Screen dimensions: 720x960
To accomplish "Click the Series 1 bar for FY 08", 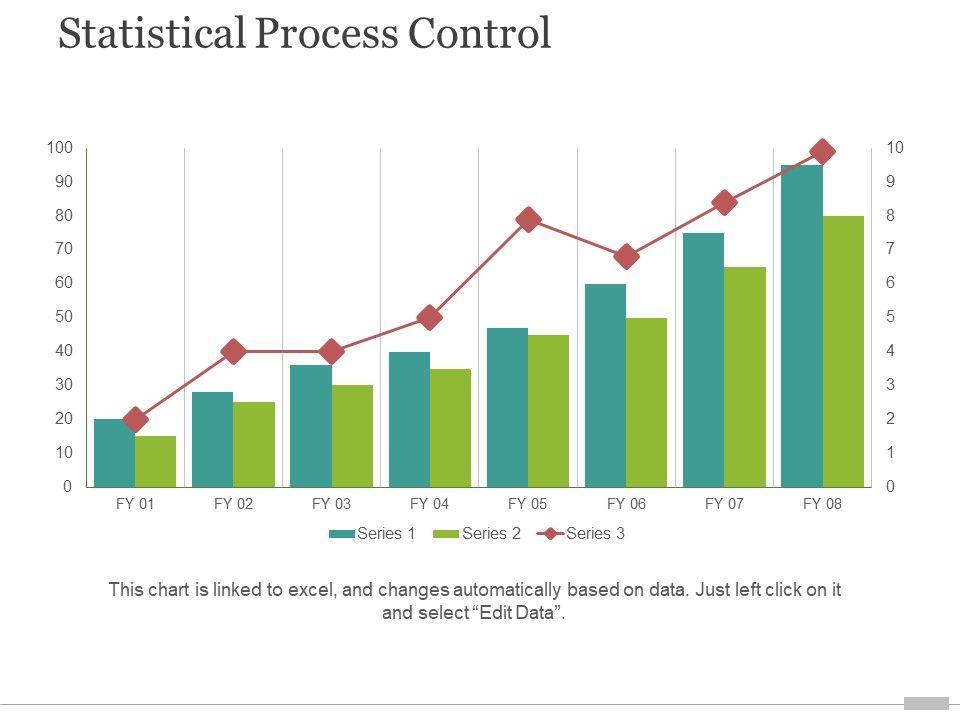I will coord(802,325).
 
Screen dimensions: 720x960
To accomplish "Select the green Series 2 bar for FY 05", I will coord(548,411).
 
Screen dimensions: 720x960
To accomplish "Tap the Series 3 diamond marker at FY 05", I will coord(529,220).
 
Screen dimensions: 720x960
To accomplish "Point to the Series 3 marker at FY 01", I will coord(135,420).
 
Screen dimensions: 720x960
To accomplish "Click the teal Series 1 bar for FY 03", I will coord(311,426).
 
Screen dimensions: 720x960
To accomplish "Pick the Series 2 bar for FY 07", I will coord(745,377).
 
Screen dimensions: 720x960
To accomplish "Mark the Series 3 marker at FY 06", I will coord(627,257).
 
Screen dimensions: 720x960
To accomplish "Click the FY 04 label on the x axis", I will coord(429,504).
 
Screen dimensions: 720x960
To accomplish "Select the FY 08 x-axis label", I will coord(822,504).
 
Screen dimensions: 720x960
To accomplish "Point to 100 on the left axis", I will coord(60,148).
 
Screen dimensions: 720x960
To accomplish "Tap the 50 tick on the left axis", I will coord(63,317).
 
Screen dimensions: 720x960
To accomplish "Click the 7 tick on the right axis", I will coord(891,249).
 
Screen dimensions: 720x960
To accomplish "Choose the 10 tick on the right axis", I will coord(894,148).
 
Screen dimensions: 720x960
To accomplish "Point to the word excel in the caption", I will coord(312,589).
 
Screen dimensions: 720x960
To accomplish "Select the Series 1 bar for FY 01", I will coord(114,453).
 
